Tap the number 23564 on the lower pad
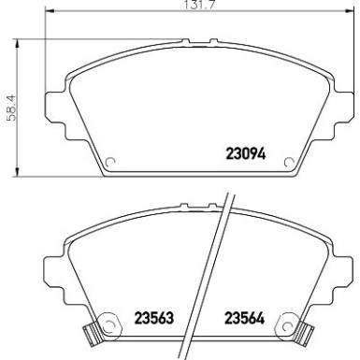(245, 316)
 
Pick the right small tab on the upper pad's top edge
(213, 41)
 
